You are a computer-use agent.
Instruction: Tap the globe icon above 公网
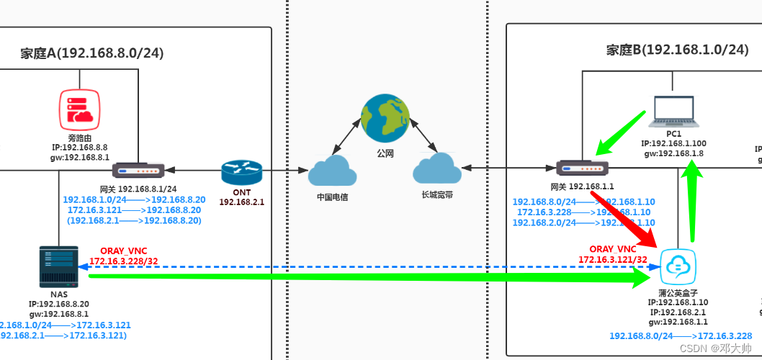click(x=385, y=121)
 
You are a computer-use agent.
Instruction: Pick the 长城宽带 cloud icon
click(x=437, y=170)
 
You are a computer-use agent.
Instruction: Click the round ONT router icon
click(x=242, y=173)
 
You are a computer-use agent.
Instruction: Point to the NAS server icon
click(x=58, y=266)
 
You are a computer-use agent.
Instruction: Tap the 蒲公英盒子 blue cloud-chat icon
click(x=678, y=266)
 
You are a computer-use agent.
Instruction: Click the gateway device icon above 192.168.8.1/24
click(x=138, y=171)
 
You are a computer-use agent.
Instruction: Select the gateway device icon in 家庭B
click(x=583, y=168)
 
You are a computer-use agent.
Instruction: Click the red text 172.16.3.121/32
click(x=613, y=258)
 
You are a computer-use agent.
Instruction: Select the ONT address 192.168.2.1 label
click(x=242, y=202)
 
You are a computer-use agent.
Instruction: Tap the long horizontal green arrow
click(x=360, y=275)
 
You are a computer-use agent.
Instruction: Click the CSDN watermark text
click(x=714, y=348)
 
